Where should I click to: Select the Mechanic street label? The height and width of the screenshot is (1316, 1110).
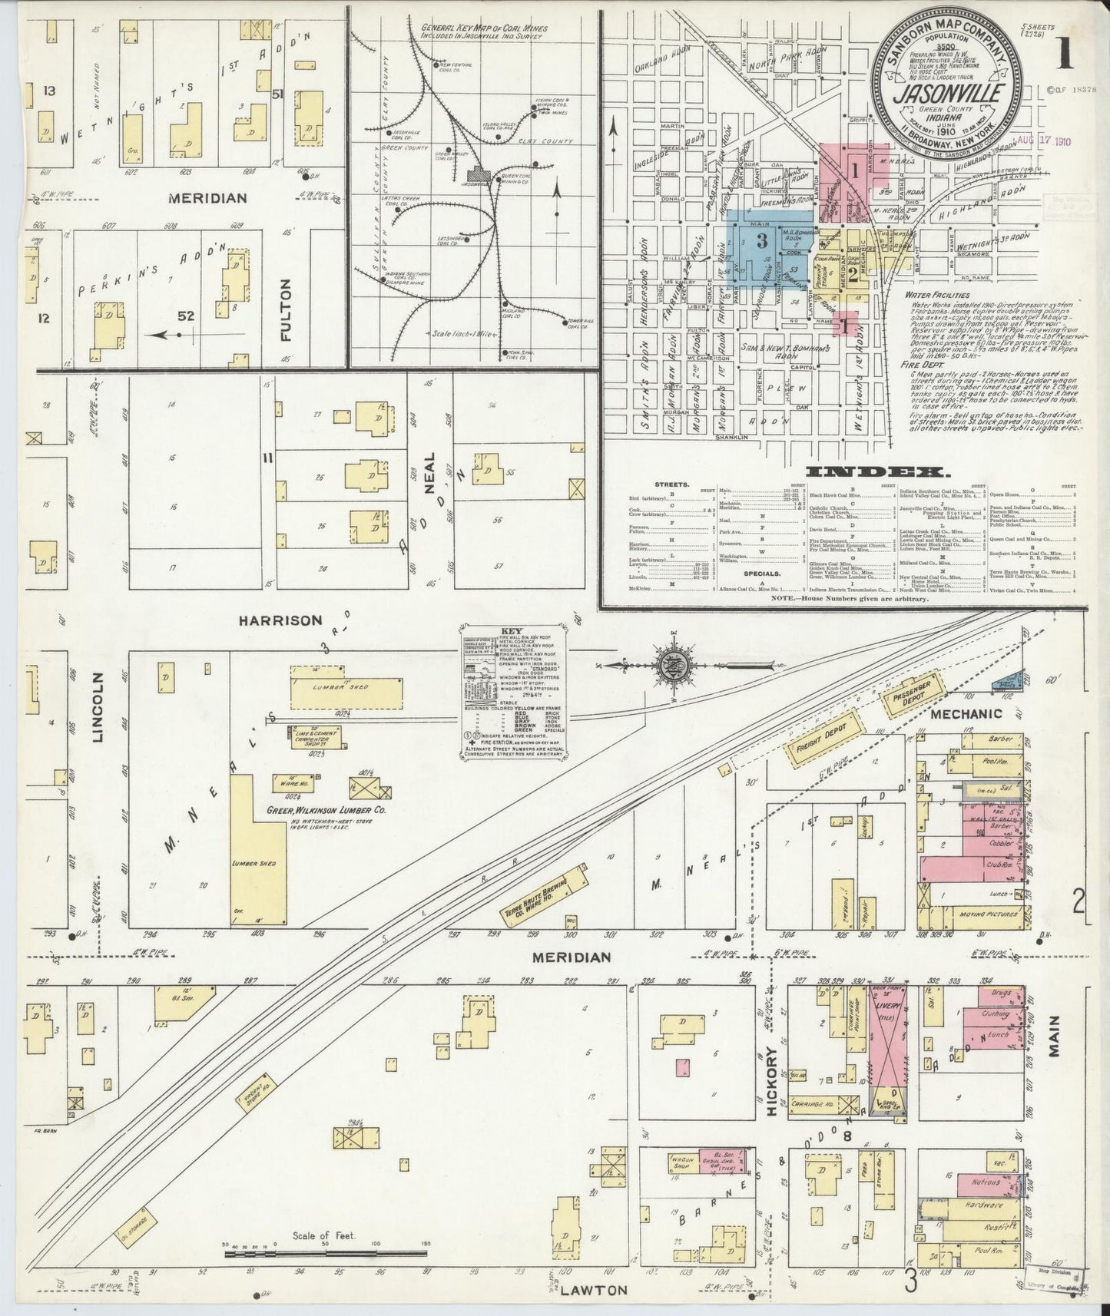pos(966,713)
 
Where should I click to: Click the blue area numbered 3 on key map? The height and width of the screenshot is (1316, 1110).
pos(761,241)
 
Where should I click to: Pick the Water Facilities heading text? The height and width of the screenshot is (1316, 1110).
pos(936,294)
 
